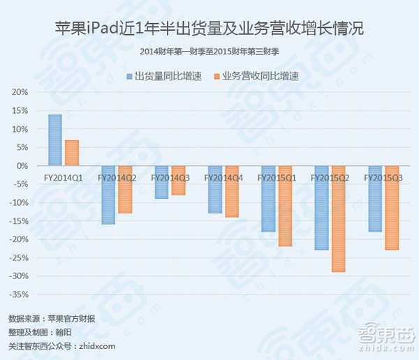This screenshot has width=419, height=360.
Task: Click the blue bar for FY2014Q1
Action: pos(55,140)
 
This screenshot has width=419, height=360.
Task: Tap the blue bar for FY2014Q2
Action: pos(108,195)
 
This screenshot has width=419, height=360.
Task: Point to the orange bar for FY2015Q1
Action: pos(285,207)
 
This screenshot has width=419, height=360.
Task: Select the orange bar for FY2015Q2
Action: pos(338,219)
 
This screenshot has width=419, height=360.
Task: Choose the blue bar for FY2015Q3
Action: pos(375,199)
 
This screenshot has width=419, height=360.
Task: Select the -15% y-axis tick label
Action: pos(19,221)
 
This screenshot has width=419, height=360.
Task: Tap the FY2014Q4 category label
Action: pos(223,178)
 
